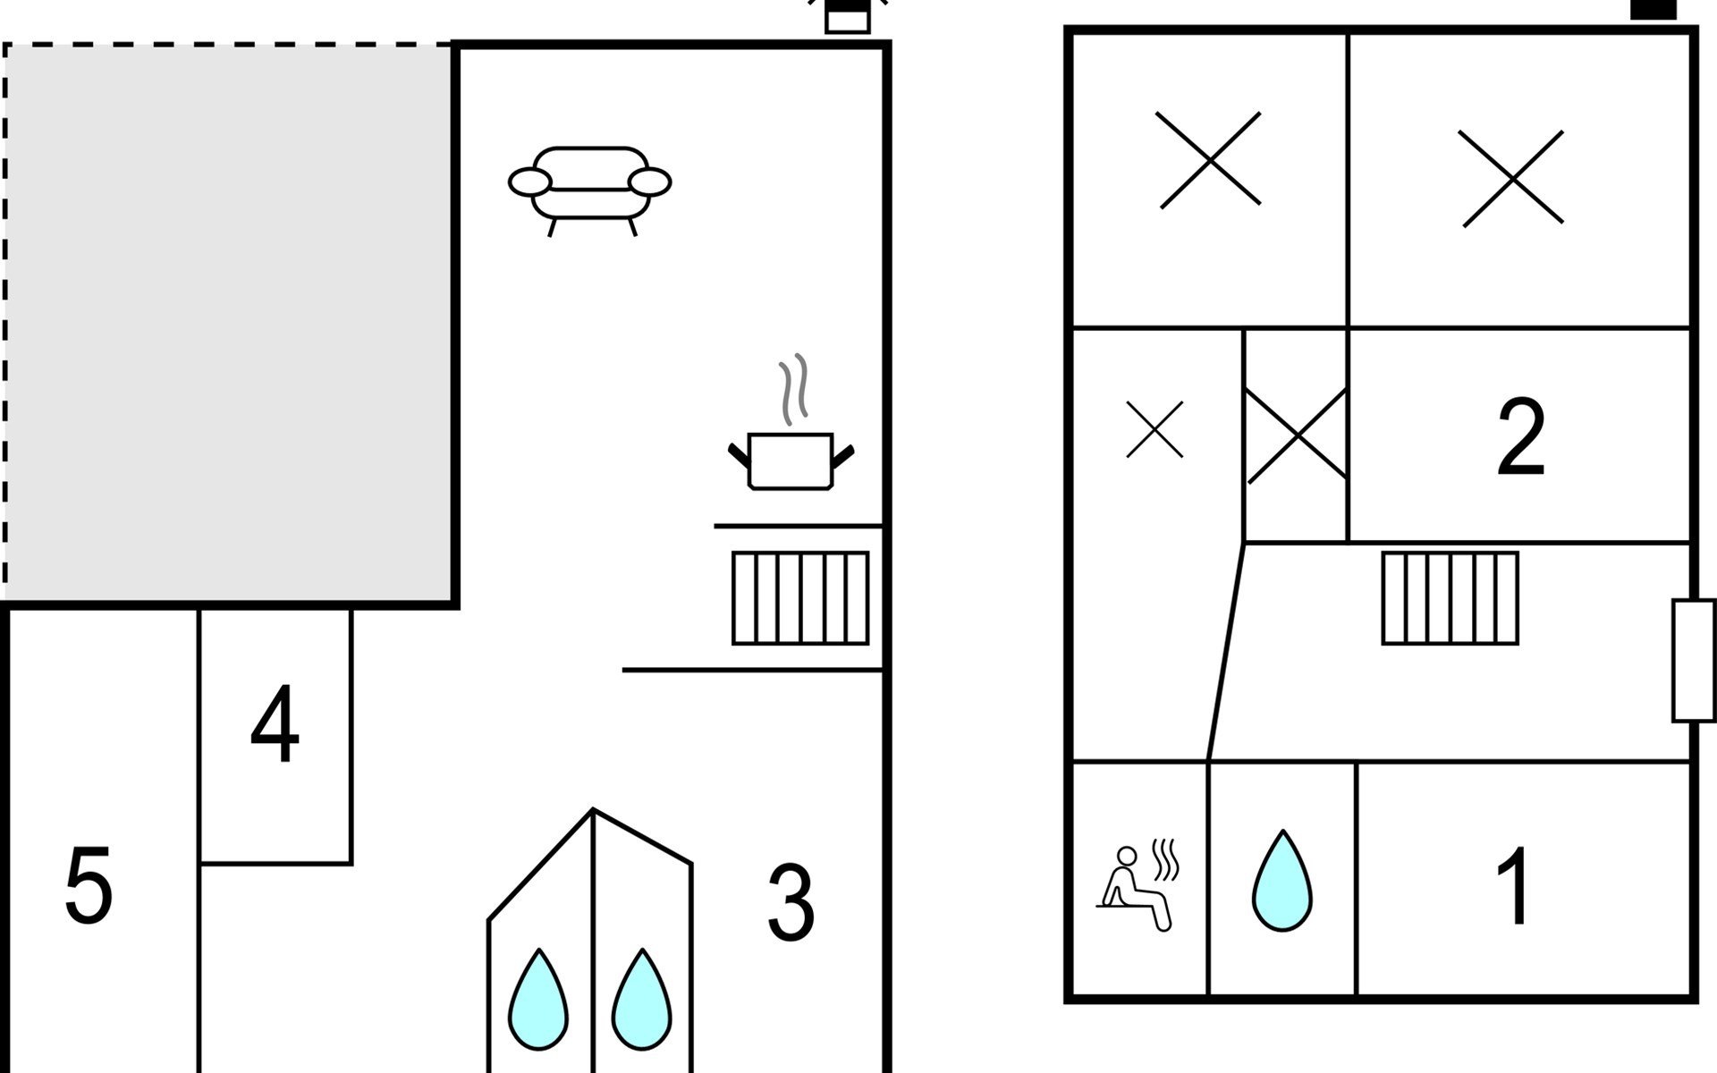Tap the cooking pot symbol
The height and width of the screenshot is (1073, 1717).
tap(791, 461)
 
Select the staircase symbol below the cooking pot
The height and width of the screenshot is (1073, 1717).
tap(800, 597)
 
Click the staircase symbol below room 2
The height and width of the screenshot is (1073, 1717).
tap(1450, 597)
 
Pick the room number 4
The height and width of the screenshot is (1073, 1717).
tap(275, 725)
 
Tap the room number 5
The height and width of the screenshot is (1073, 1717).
tap(89, 886)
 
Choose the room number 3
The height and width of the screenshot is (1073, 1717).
tap(791, 903)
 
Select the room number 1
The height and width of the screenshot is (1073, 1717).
tap(1513, 886)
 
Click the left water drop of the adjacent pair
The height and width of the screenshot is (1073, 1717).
tap(537, 1001)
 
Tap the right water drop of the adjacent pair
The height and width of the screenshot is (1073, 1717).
tap(641, 1001)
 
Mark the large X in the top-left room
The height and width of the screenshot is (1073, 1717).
tap(1209, 160)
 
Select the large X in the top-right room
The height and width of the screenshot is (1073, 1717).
tap(1512, 179)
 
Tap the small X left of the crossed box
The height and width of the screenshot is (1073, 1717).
tap(1154, 429)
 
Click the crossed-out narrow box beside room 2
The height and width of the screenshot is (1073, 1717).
tap(1296, 435)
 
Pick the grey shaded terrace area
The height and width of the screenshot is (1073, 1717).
tap(228, 322)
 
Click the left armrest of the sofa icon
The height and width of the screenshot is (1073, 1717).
tap(529, 182)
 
